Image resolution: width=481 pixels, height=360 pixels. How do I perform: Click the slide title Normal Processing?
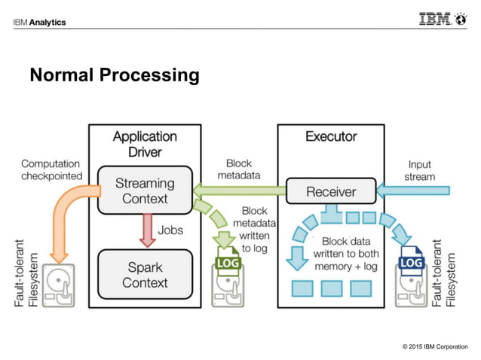pyautogui.click(x=114, y=75)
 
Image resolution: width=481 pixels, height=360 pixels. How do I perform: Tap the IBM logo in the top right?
pyautogui.click(x=443, y=19)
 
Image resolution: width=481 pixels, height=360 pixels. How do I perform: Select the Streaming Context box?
pyautogui.click(x=145, y=191)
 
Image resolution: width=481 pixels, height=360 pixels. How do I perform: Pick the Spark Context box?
pyautogui.click(x=145, y=275)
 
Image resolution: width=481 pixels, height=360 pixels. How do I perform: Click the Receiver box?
pyautogui.click(x=330, y=191)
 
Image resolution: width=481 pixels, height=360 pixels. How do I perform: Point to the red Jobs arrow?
pyautogui.click(x=145, y=229)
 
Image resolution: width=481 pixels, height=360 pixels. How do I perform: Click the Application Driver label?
pyautogui.click(x=145, y=144)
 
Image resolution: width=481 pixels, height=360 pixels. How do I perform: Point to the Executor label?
pyautogui.click(x=331, y=136)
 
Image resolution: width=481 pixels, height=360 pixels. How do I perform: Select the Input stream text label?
pyautogui.click(x=419, y=170)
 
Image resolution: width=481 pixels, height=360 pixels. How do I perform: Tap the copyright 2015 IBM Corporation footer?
pyautogui.click(x=434, y=346)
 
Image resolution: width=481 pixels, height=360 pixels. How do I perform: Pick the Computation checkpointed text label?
pyautogui.click(x=51, y=169)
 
